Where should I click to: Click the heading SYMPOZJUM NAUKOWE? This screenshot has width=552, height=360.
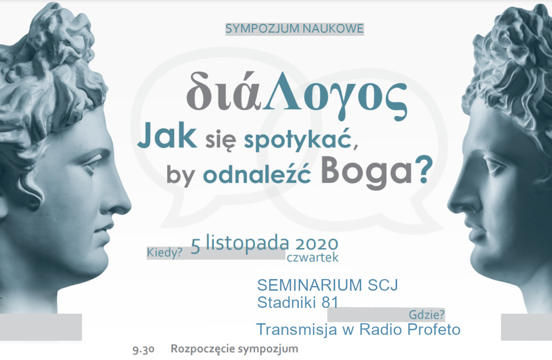tap(294, 28)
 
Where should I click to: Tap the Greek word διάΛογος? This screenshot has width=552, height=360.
tap(297, 95)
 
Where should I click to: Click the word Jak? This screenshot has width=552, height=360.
tap(167, 136)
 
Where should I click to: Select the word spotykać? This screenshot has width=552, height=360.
tap(301, 140)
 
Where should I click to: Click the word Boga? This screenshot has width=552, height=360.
tap(366, 172)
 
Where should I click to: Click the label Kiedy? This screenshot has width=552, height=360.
tap(164, 253)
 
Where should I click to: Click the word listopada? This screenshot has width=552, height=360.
tap(248, 243)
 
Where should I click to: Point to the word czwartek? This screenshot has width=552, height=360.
tap(313, 258)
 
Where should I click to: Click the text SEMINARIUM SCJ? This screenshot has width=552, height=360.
tap(327, 285)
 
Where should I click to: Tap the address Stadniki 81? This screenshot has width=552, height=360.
tap(298, 302)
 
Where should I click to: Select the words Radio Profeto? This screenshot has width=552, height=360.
tap(410, 329)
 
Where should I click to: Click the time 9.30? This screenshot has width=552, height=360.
tap(144, 349)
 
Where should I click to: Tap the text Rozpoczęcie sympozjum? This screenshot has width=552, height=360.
tap(235, 349)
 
